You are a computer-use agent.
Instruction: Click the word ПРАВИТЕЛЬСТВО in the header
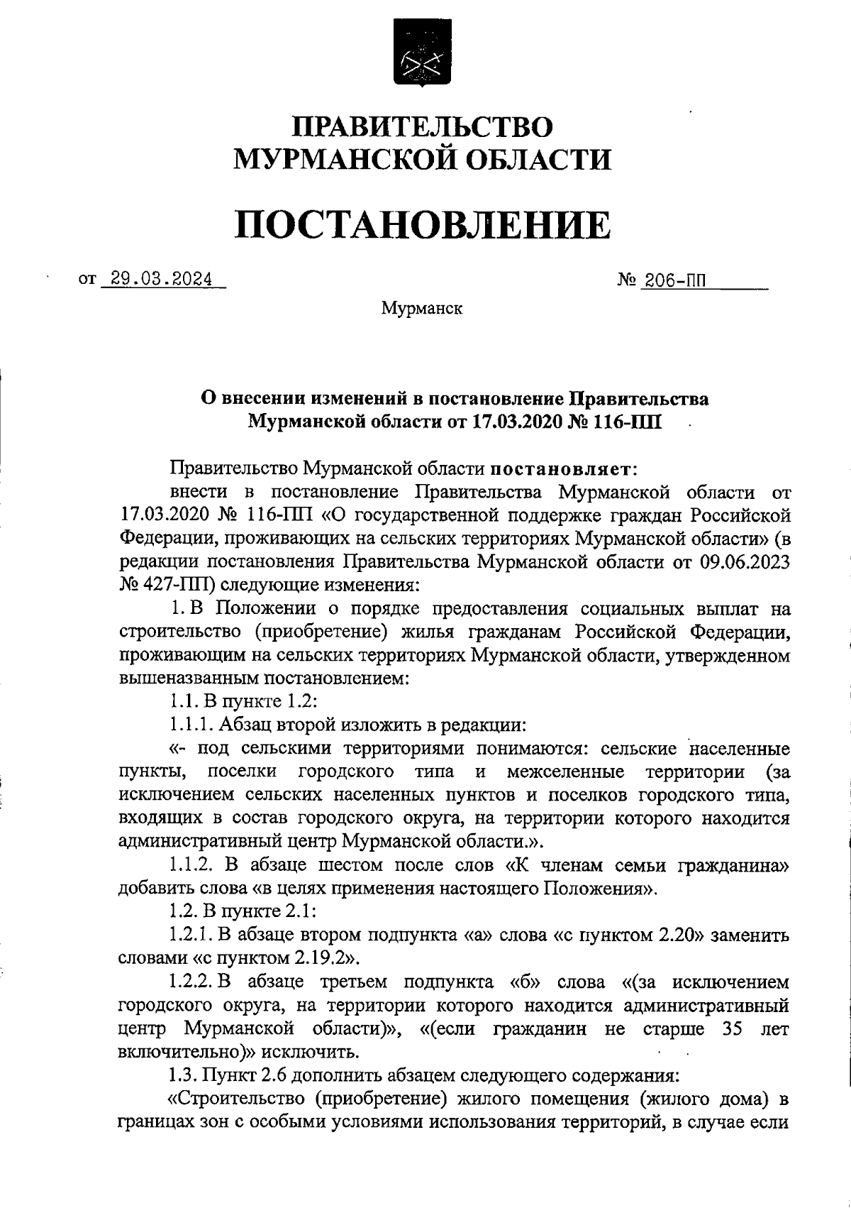point(423,126)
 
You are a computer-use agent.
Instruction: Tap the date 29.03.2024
point(157,279)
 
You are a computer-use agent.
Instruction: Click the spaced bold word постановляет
point(564,469)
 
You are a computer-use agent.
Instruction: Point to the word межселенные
point(565,772)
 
